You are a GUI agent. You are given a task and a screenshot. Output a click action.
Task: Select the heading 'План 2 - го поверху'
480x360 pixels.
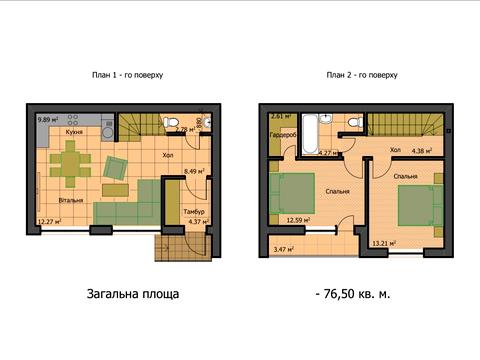tap(361, 75)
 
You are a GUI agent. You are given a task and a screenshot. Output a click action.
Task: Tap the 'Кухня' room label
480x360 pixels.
tap(74, 131)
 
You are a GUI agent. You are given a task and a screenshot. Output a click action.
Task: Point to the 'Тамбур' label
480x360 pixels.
tap(194, 212)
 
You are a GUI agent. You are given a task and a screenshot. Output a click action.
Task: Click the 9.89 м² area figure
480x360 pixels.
tap(48, 120)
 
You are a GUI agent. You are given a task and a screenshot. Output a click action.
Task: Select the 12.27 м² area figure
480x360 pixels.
tap(49, 222)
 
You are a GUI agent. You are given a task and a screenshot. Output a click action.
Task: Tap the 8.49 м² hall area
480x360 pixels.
tap(195, 171)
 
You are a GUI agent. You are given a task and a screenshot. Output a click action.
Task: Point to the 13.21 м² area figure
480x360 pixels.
tap(384, 241)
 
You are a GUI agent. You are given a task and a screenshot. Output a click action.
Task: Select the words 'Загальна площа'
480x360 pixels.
tap(133, 294)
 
